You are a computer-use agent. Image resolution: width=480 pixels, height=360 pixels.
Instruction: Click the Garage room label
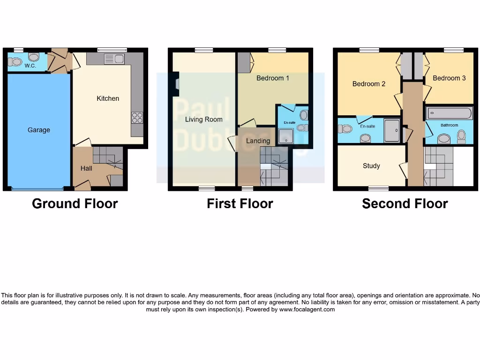click(x=38, y=130)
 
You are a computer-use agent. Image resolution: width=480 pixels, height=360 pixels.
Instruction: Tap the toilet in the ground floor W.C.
click(x=16, y=61)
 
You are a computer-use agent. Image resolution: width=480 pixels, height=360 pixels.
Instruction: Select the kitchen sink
click(x=114, y=59)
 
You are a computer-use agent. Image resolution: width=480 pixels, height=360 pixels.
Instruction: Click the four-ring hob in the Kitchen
click(x=137, y=117)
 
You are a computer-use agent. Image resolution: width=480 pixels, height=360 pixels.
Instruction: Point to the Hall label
click(x=86, y=168)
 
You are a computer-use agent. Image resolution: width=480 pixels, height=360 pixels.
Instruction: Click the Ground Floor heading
click(x=75, y=203)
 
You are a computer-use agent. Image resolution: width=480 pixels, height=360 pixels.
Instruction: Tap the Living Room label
click(x=203, y=119)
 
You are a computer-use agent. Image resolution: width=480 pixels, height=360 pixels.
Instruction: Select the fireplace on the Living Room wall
click(x=176, y=83)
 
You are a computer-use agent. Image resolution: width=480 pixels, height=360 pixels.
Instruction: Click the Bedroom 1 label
click(x=272, y=78)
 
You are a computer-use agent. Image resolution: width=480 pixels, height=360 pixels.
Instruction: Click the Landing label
click(x=258, y=141)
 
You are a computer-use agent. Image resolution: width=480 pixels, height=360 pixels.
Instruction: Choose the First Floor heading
click(x=240, y=203)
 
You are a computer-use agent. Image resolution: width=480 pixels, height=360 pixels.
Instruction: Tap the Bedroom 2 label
click(x=368, y=84)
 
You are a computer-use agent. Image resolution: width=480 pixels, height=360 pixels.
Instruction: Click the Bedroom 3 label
click(x=449, y=78)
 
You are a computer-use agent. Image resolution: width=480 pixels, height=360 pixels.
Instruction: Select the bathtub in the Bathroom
click(x=449, y=113)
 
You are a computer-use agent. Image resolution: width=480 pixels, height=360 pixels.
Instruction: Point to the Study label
click(x=371, y=165)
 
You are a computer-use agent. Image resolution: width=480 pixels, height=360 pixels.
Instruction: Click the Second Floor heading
click(x=405, y=203)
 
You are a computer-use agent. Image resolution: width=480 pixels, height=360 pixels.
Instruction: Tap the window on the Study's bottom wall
click(x=378, y=188)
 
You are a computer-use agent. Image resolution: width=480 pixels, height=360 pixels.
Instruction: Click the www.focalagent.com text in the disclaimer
click(x=307, y=309)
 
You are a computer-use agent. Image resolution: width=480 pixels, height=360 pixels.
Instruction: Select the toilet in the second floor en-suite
click(x=346, y=128)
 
